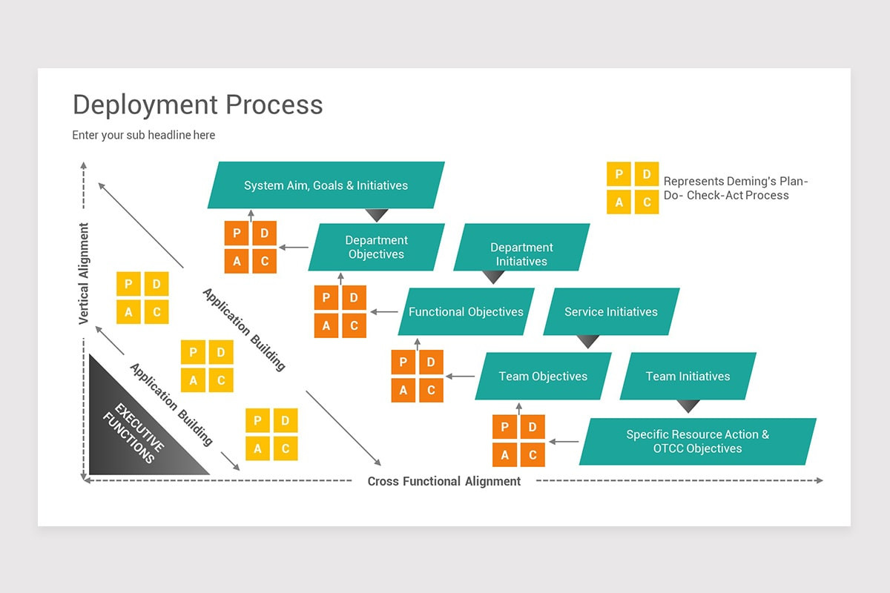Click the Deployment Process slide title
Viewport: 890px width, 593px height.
(x=197, y=105)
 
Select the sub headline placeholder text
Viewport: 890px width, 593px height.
(x=143, y=135)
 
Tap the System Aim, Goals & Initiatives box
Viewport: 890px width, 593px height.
(x=326, y=185)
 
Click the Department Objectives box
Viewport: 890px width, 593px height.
(x=376, y=247)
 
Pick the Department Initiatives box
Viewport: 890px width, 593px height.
(x=521, y=254)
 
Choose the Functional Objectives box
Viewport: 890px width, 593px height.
(x=466, y=312)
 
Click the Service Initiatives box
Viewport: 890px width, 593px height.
(x=610, y=312)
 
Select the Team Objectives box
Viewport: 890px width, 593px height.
(x=543, y=376)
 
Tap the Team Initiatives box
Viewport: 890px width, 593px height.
(x=688, y=376)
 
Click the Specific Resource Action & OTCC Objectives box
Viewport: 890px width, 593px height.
(x=697, y=442)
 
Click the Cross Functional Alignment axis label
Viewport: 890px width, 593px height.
(x=444, y=482)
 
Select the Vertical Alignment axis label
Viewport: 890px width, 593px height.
(x=84, y=274)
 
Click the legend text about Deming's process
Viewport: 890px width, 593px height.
(x=735, y=188)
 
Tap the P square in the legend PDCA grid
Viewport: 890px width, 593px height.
(x=619, y=174)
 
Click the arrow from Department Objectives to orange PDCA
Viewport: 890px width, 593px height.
(x=294, y=248)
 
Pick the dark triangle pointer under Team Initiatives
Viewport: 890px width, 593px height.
(x=688, y=406)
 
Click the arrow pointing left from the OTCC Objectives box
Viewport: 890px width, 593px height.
(x=564, y=442)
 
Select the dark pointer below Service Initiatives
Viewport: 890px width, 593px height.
(x=588, y=342)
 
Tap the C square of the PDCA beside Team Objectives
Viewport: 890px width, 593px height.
(x=431, y=390)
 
